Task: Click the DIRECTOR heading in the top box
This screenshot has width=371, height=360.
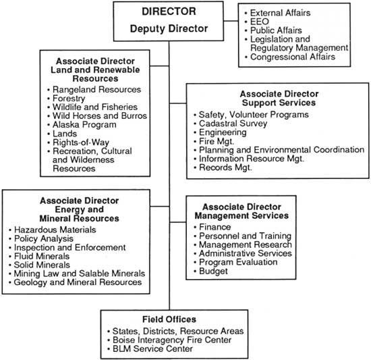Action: [x=169, y=11]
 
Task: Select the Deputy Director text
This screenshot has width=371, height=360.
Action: [x=169, y=28]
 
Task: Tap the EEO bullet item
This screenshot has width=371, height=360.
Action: [x=260, y=22]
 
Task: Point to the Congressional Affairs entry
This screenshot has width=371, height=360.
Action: [x=293, y=57]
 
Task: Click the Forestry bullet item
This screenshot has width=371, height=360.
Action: [x=69, y=99]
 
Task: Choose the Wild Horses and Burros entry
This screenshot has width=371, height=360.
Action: [x=100, y=115]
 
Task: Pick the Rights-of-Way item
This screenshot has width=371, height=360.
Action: [x=81, y=143]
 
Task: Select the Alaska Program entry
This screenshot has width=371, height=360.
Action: [x=84, y=125]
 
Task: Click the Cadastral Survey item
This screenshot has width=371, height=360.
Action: [x=233, y=124]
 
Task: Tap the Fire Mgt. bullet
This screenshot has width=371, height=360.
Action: [x=217, y=141]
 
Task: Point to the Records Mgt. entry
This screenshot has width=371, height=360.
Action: [x=225, y=168]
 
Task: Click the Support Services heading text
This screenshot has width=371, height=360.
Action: [x=279, y=103]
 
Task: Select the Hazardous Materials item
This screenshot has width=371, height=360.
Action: [x=55, y=230]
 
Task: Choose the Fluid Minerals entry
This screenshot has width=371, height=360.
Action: [x=42, y=256]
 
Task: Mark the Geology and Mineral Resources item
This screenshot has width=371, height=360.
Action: [x=78, y=282]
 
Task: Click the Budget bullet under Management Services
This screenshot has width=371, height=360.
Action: [x=213, y=272]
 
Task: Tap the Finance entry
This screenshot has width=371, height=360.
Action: [x=215, y=227]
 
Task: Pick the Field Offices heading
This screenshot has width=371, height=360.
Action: [x=169, y=319]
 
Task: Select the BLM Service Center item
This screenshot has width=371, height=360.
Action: [x=152, y=349]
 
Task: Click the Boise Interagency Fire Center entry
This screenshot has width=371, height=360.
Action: [x=172, y=340]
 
